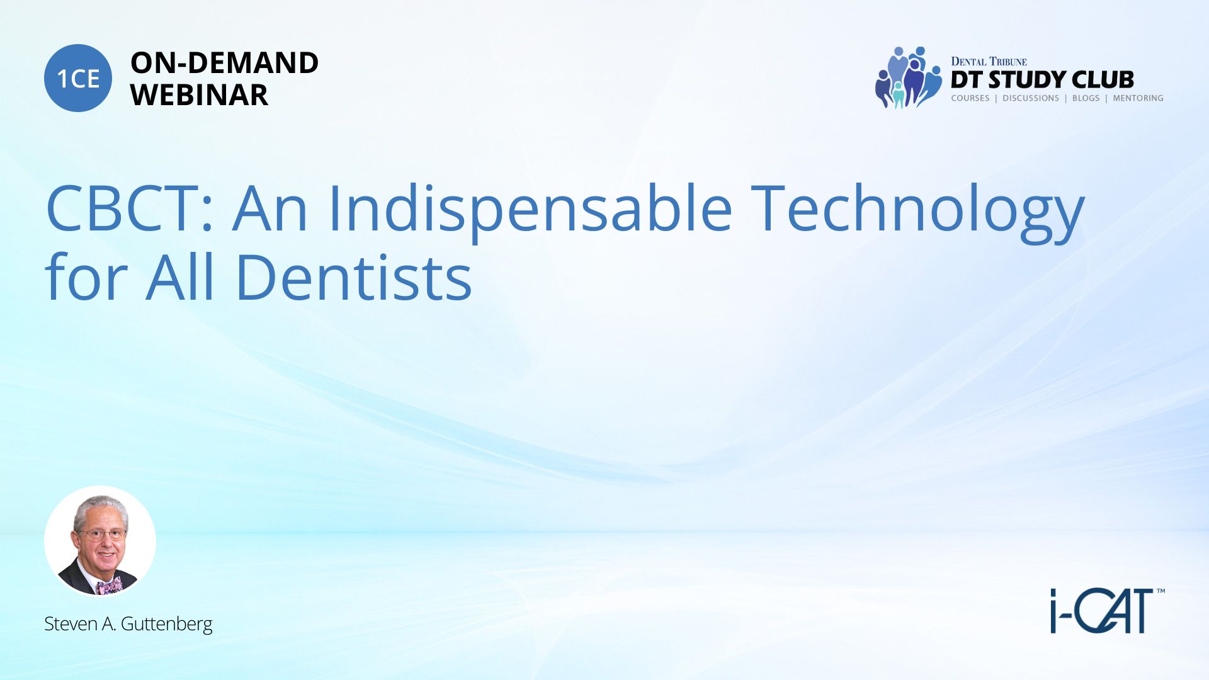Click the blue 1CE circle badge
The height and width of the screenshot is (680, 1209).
[78, 78]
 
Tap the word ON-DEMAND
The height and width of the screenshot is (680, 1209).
[224, 63]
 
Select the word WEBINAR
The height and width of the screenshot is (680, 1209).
[199, 95]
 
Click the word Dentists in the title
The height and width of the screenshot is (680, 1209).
[353, 277]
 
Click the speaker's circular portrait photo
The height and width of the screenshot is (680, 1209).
[100, 541]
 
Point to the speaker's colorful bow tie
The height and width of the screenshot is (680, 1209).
[110, 587]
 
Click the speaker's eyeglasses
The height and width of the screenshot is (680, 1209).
[101, 535]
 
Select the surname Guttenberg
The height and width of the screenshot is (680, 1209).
[166, 625]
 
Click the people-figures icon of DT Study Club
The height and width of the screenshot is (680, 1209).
[908, 77]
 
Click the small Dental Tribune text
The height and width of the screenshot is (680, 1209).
[989, 61]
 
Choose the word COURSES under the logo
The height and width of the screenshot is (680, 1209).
[970, 98]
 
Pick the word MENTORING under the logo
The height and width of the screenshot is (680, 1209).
[1138, 98]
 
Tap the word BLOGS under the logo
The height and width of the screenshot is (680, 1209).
[1086, 98]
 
